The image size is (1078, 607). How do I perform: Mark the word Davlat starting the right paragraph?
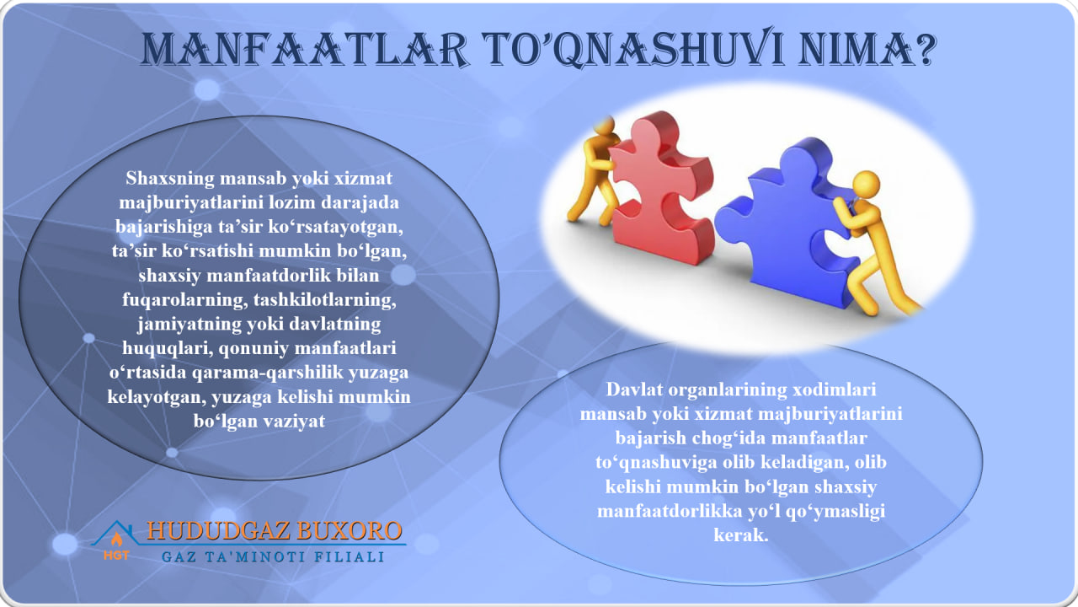pyautogui.click(x=634, y=391)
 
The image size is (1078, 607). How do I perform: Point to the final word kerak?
pyautogui.click(x=740, y=536)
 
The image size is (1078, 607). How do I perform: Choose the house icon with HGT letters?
pyautogui.click(x=116, y=542)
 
